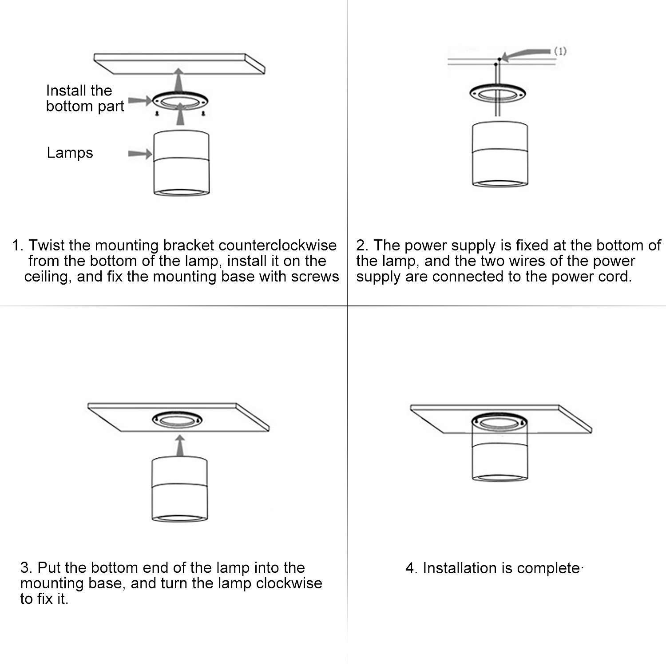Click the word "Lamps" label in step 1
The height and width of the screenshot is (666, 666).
[x=70, y=153]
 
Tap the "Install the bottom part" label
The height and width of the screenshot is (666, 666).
[x=85, y=99]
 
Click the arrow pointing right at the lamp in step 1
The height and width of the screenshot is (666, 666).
[x=140, y=154]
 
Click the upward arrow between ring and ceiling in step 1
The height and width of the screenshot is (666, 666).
[x=178, y=80]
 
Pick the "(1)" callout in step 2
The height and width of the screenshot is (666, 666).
[x=560, y=51]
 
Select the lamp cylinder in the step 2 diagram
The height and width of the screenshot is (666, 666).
[x=499, y=153]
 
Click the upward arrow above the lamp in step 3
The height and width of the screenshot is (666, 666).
[x=179, y=445]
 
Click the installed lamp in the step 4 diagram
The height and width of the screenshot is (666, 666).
[x=499, y=453]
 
